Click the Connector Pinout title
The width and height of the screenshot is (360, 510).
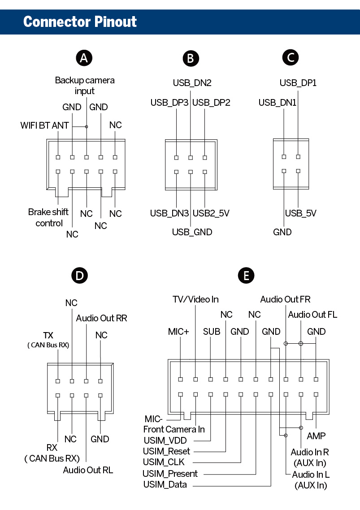tap(80, 22)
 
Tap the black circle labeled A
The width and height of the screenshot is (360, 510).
tap(84, 58)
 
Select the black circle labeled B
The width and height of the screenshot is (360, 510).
tap(191, 59)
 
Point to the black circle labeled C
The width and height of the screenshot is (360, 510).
tap(291, 58)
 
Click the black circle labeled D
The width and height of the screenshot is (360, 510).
tap(80, 276)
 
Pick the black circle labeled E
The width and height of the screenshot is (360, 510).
tap(246, 276)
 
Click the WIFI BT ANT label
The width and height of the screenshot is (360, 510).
tap(45, 125)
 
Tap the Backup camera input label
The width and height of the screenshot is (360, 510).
tap(85, 86)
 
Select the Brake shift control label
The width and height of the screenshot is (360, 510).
tap(48, 217)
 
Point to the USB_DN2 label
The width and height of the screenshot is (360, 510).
tap(192, 83)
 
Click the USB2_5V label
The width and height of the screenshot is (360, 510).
tap(211, 213)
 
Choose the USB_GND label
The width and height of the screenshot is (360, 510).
tap(192, 232)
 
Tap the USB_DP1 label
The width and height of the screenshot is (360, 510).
tap(298, 83)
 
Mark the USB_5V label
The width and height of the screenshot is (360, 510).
tap(301, 213)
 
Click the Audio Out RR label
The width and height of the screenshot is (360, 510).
tap(101, 318)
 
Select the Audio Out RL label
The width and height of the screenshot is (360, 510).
tap(88, 470)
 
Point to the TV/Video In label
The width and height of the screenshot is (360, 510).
tap(196, 299)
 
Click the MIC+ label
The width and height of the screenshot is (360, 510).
tap(178, 332)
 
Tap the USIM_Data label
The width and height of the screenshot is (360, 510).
tap(165, 484)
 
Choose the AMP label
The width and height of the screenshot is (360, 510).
tap(316, 436)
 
